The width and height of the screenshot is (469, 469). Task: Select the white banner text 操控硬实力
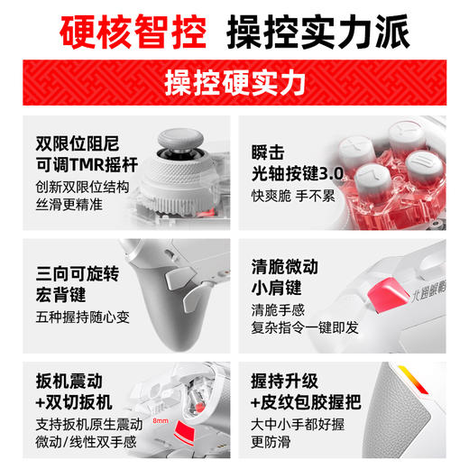coord(234,82)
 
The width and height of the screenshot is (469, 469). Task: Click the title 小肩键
coord(280,290)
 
